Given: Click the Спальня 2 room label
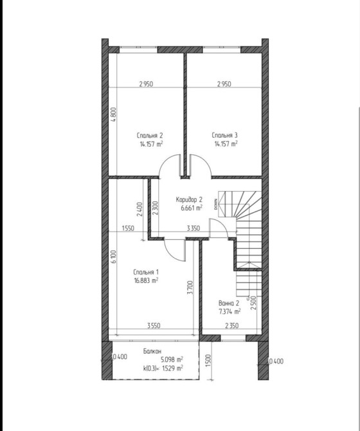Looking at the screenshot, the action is (x=150, y=136).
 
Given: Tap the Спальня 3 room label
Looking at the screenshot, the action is (x=224, y=135).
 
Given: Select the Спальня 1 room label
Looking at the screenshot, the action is (x=146, y=272).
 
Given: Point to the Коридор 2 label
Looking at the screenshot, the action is (x=189, y=199).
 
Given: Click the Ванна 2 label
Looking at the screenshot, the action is (x=229, y=303).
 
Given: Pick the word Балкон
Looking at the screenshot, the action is (x=152, y=351).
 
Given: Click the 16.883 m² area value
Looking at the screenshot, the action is (x=146, y=280).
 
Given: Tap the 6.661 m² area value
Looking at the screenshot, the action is (x=192, y=208).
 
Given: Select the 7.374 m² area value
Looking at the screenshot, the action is (x=230, y=311).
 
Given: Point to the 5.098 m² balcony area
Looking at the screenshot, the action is (x=172, y=360).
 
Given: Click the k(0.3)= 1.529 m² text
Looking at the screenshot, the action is (x=163, y=368).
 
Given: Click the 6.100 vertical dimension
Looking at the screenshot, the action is (x=114, y=257).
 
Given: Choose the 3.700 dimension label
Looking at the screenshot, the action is (x=190, y=288).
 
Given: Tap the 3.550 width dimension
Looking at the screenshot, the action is (x=154, y=326).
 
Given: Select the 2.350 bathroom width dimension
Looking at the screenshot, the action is (x=232, y=326).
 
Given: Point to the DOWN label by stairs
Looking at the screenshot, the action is (x=215, y=205).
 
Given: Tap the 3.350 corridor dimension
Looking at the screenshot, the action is (x=194, y=228).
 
